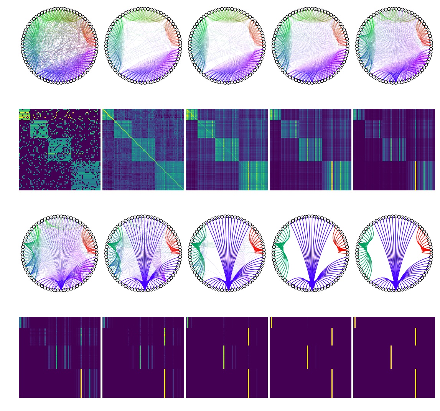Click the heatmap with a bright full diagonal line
[x=143, y=149]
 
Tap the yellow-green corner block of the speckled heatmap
[x=24, y=115]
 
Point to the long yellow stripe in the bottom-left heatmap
[x=81, y=383]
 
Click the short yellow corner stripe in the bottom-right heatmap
[x=355, y=322]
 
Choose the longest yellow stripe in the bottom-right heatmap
[x=416, y=383]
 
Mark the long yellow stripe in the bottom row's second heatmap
[x=165, y=383]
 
